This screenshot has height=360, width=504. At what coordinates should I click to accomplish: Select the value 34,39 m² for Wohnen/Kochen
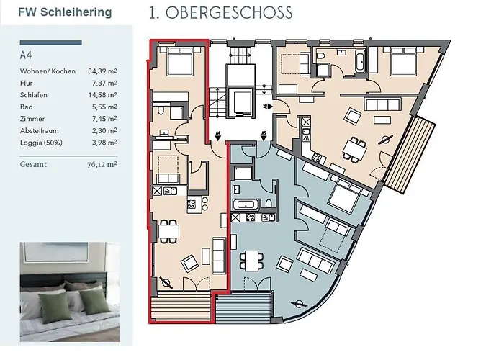102,71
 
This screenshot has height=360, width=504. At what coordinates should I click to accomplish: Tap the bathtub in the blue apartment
246,204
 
